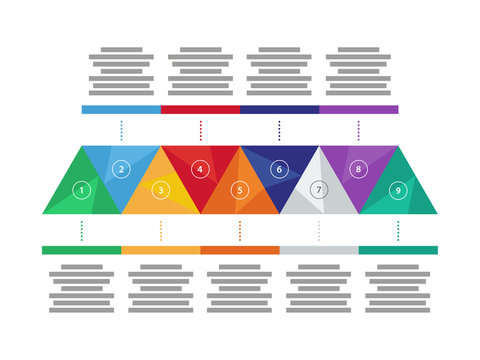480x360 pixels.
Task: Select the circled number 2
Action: [121, 169]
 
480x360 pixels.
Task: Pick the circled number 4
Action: [200, 169]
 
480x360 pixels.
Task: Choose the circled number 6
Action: [279, 169]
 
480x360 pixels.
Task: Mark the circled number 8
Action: [358, 169]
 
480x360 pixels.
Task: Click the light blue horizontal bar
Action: [121, 109]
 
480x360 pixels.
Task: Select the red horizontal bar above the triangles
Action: [200, 109]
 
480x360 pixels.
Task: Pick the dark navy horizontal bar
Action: [279, 109]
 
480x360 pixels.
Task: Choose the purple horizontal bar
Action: [358, 109]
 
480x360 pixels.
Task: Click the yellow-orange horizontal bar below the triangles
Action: [161, 250]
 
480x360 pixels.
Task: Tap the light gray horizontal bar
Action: [318, 250]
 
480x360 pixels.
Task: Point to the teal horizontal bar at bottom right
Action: [397, 250]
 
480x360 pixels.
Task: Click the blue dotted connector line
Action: [121, 130]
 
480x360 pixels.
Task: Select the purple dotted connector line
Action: [358, 130]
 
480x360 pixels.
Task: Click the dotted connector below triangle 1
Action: [82, 231]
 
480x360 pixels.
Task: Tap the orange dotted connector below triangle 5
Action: [239, 231]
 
